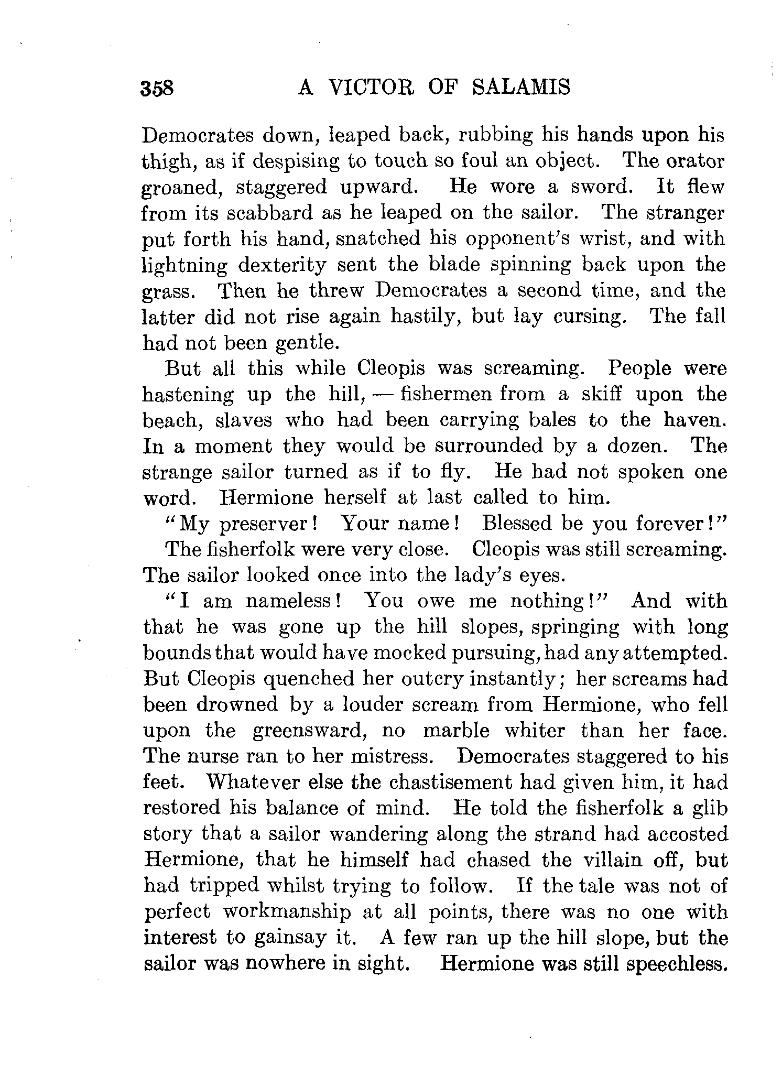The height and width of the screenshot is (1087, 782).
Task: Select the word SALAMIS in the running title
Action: pos(520,86)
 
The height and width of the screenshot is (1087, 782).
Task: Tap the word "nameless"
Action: pos(294,601)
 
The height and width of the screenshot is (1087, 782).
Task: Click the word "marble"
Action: pos(456,731)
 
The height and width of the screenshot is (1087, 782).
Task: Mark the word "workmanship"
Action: pos(287,912)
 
